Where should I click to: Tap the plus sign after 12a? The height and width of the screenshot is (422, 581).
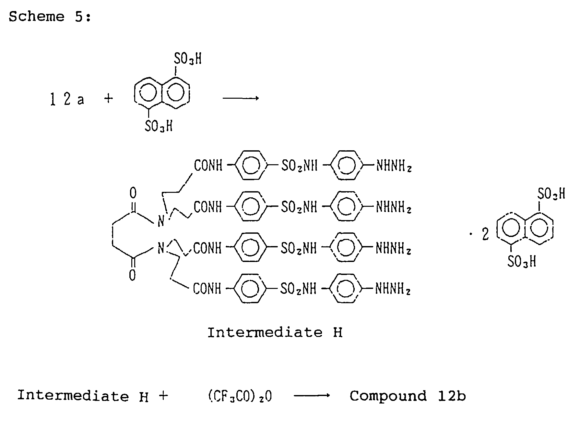tap(109, 98)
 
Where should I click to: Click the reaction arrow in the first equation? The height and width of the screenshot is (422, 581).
tap(240, 98)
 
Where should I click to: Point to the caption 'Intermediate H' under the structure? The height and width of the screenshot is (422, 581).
tap(275, 333)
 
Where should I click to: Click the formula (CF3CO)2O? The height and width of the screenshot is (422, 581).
tap(240, 396)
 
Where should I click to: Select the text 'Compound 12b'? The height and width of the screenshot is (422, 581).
tap(408, 396)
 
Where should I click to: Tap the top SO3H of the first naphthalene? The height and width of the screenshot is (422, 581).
tap(188, 59)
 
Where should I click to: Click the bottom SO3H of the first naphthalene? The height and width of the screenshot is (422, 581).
tap(159, 126)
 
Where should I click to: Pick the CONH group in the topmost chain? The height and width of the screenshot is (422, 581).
tap(208, 166)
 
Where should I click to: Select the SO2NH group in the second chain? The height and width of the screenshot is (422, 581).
tap(299, 207)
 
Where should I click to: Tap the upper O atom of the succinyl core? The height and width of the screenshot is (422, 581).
tap(133, 193)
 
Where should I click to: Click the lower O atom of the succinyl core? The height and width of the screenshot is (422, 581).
tap(132, 276)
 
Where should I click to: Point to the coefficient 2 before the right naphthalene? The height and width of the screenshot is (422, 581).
tap(485, 234)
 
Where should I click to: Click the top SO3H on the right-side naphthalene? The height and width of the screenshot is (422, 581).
tap(551, 194)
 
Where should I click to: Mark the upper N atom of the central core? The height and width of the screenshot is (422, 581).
tap(161, 222)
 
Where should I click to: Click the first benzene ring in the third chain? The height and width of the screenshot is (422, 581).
tap(250, 248)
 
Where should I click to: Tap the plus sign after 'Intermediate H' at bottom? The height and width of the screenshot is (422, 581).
tap(164, 396)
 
